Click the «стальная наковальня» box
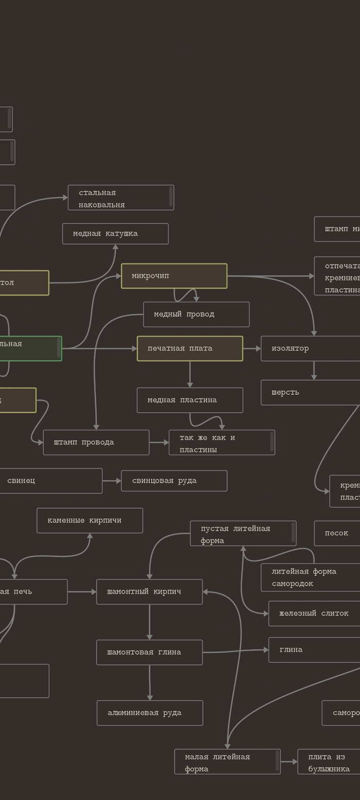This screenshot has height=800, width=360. pyautogui.click(x=120, y=198)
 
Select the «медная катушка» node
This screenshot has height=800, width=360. pyautogui.click(x=115, y=234)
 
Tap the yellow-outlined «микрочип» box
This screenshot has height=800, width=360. pyautogui.click(x=174, y=276)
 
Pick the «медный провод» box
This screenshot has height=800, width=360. pyautogui.click(x=196, y=315)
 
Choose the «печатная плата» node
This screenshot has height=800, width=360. pyautogui.click(x=190, y=349)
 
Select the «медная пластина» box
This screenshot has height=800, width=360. pyautogui.click(x=190, y=400)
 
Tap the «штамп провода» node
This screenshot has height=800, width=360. pyautogui.click(x=96, y=443)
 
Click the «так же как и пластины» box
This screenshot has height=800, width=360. pyautogui.click(x=222, y=443)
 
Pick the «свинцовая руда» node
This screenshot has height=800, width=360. pyautogui.click(x=174, y=481)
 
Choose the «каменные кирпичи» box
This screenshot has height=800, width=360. pyautogui.click(x=89, y=521)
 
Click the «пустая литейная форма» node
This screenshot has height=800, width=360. pyautogui.click(x=243, y=534)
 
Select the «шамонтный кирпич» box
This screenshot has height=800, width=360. pyautogui.click(x=149, y=592)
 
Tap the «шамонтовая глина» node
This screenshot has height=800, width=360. pyautogui.click(x=149, y=652)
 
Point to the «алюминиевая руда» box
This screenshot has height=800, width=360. pyautogui.click(x=150, y=713)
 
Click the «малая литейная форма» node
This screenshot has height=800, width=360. pyautogui.click(x=227, y=762)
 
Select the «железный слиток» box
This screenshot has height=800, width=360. pyautogui.click(x=314, y=614)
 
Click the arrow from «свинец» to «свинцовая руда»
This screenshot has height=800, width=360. pyautogui.click(x=112, y=481)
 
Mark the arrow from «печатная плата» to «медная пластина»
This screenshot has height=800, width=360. pyautogui.click(x=190, y=374)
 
